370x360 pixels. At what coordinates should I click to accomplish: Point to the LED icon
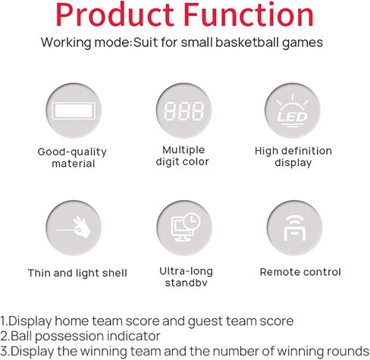point(293,111)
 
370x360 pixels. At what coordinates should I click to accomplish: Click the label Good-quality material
point(72,157)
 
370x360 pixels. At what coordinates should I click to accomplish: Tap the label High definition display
point(293,157)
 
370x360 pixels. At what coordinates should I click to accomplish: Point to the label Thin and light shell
point(77,273)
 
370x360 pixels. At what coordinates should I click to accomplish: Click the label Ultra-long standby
point(186,277)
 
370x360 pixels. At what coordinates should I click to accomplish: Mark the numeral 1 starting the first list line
point(4,321)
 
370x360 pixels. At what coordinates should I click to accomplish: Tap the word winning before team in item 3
point(104,350)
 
